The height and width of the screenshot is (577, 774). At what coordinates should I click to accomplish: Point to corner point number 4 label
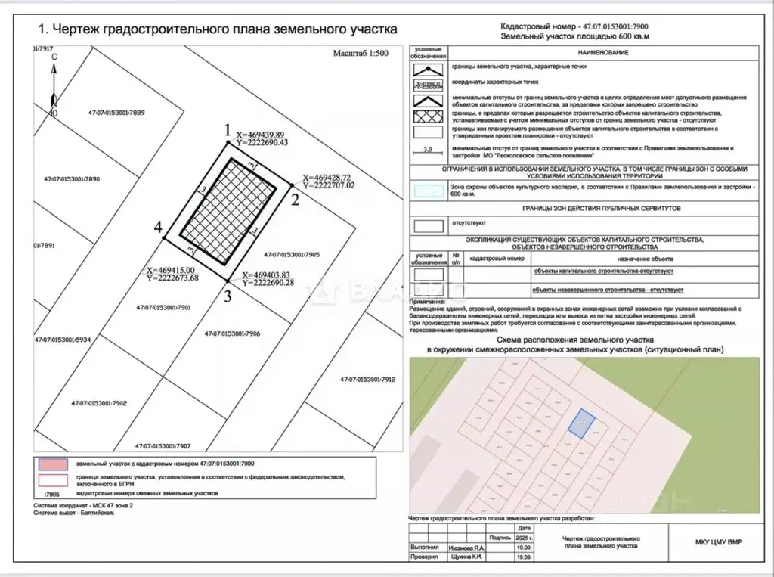tap(158, 227)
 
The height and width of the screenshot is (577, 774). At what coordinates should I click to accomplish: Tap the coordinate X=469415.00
tap(173, 270)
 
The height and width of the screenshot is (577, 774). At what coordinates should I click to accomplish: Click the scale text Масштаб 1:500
tap(361, 54)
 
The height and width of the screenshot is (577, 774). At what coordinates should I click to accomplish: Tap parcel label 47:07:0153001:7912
tap(367, 379)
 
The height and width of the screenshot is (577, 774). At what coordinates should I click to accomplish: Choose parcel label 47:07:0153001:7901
tap(163, 308)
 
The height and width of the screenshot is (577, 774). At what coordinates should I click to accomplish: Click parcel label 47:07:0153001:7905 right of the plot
tap(293, 255)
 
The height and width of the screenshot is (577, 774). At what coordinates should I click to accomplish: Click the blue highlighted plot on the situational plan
tap(580, 422)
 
